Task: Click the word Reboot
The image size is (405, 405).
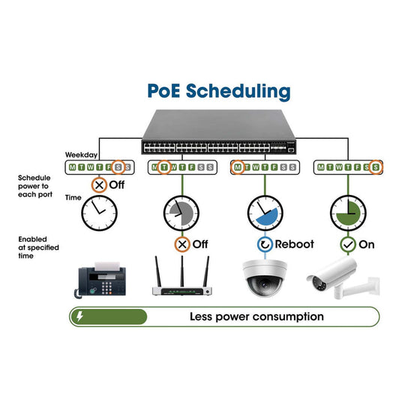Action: pos(294,244)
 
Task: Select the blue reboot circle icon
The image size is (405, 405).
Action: pos(263,244)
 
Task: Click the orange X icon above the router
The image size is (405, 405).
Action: pos(181,244)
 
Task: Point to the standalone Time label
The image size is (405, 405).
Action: pos(73,197)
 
